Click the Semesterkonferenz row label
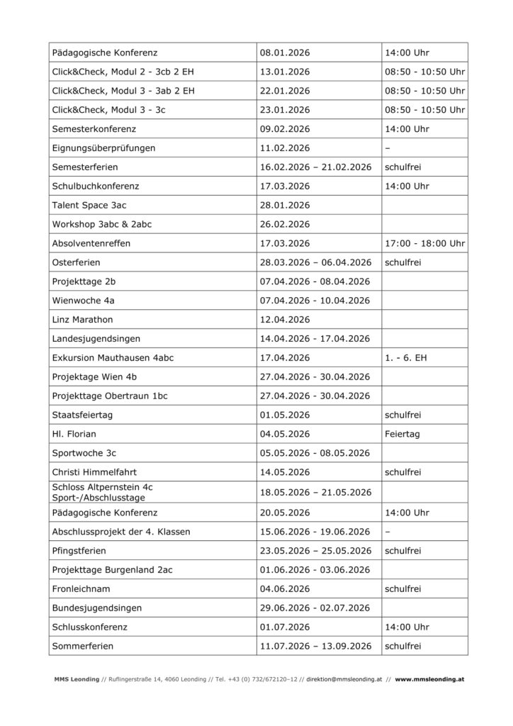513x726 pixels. coord(94,129)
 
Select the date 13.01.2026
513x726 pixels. coord(286,72)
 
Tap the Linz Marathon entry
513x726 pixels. coord(82,320)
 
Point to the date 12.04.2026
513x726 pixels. coord(286,320)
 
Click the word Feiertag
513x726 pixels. coord(403,435)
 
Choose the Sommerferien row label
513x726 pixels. coord(83,646)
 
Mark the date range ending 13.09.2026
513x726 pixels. coord(316,646)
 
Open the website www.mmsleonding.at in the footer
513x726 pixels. coord(429,678)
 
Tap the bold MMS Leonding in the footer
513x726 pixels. coord(77,678)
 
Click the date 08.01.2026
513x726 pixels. coord(286,52)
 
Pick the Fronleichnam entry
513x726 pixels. coord(81,588)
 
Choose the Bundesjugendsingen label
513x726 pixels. coord(96,608)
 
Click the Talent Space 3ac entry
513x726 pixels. coord(89,205)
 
